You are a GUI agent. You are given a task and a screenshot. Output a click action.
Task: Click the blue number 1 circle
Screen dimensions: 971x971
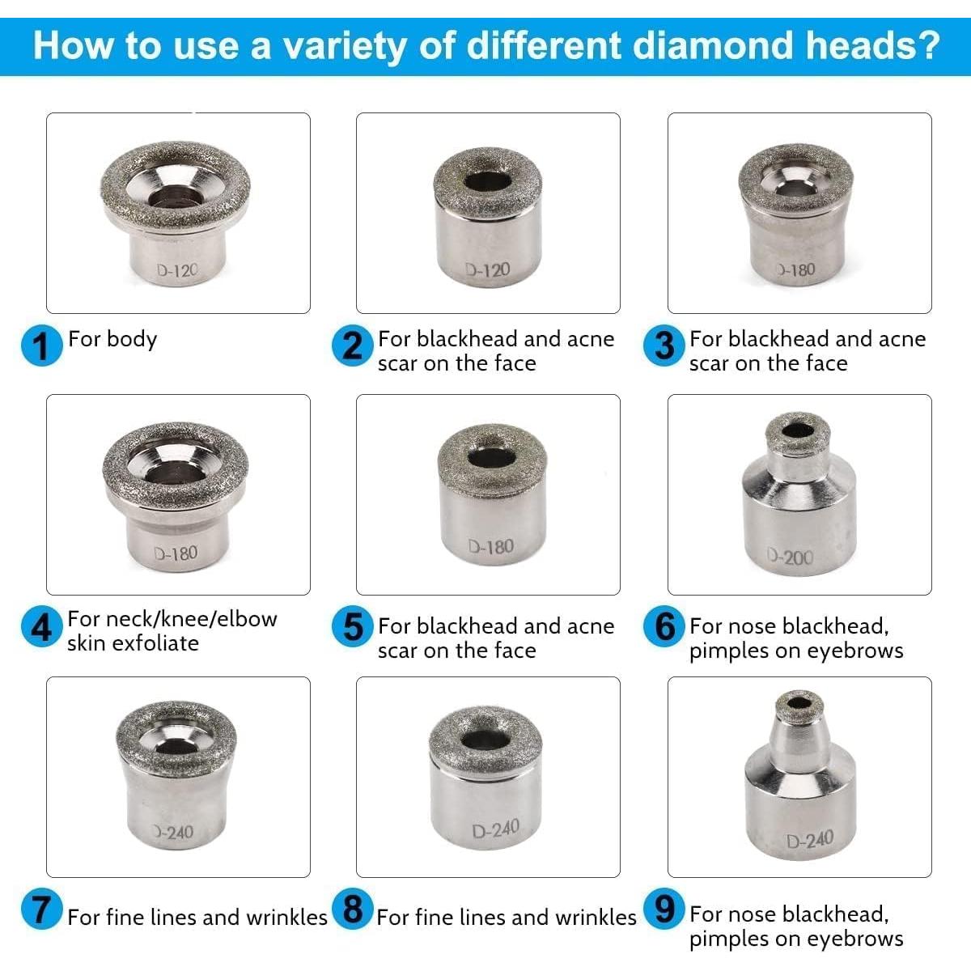(41, 346)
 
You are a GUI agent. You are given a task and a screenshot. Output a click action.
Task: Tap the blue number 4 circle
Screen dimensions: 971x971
(41, 628)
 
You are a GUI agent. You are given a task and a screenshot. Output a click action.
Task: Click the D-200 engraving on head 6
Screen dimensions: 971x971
(791, 557)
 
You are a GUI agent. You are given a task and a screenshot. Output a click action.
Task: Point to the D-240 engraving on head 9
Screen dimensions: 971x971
(809, 839)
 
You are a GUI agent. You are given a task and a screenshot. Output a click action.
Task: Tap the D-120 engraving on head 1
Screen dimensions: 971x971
(176, 270)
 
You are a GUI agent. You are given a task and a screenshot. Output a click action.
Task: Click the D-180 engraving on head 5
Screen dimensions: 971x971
(490, 548)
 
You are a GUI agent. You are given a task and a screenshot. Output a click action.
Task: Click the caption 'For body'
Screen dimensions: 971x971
(112, 338)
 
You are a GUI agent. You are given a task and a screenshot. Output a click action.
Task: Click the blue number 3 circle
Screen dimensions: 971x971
(664, 346)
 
